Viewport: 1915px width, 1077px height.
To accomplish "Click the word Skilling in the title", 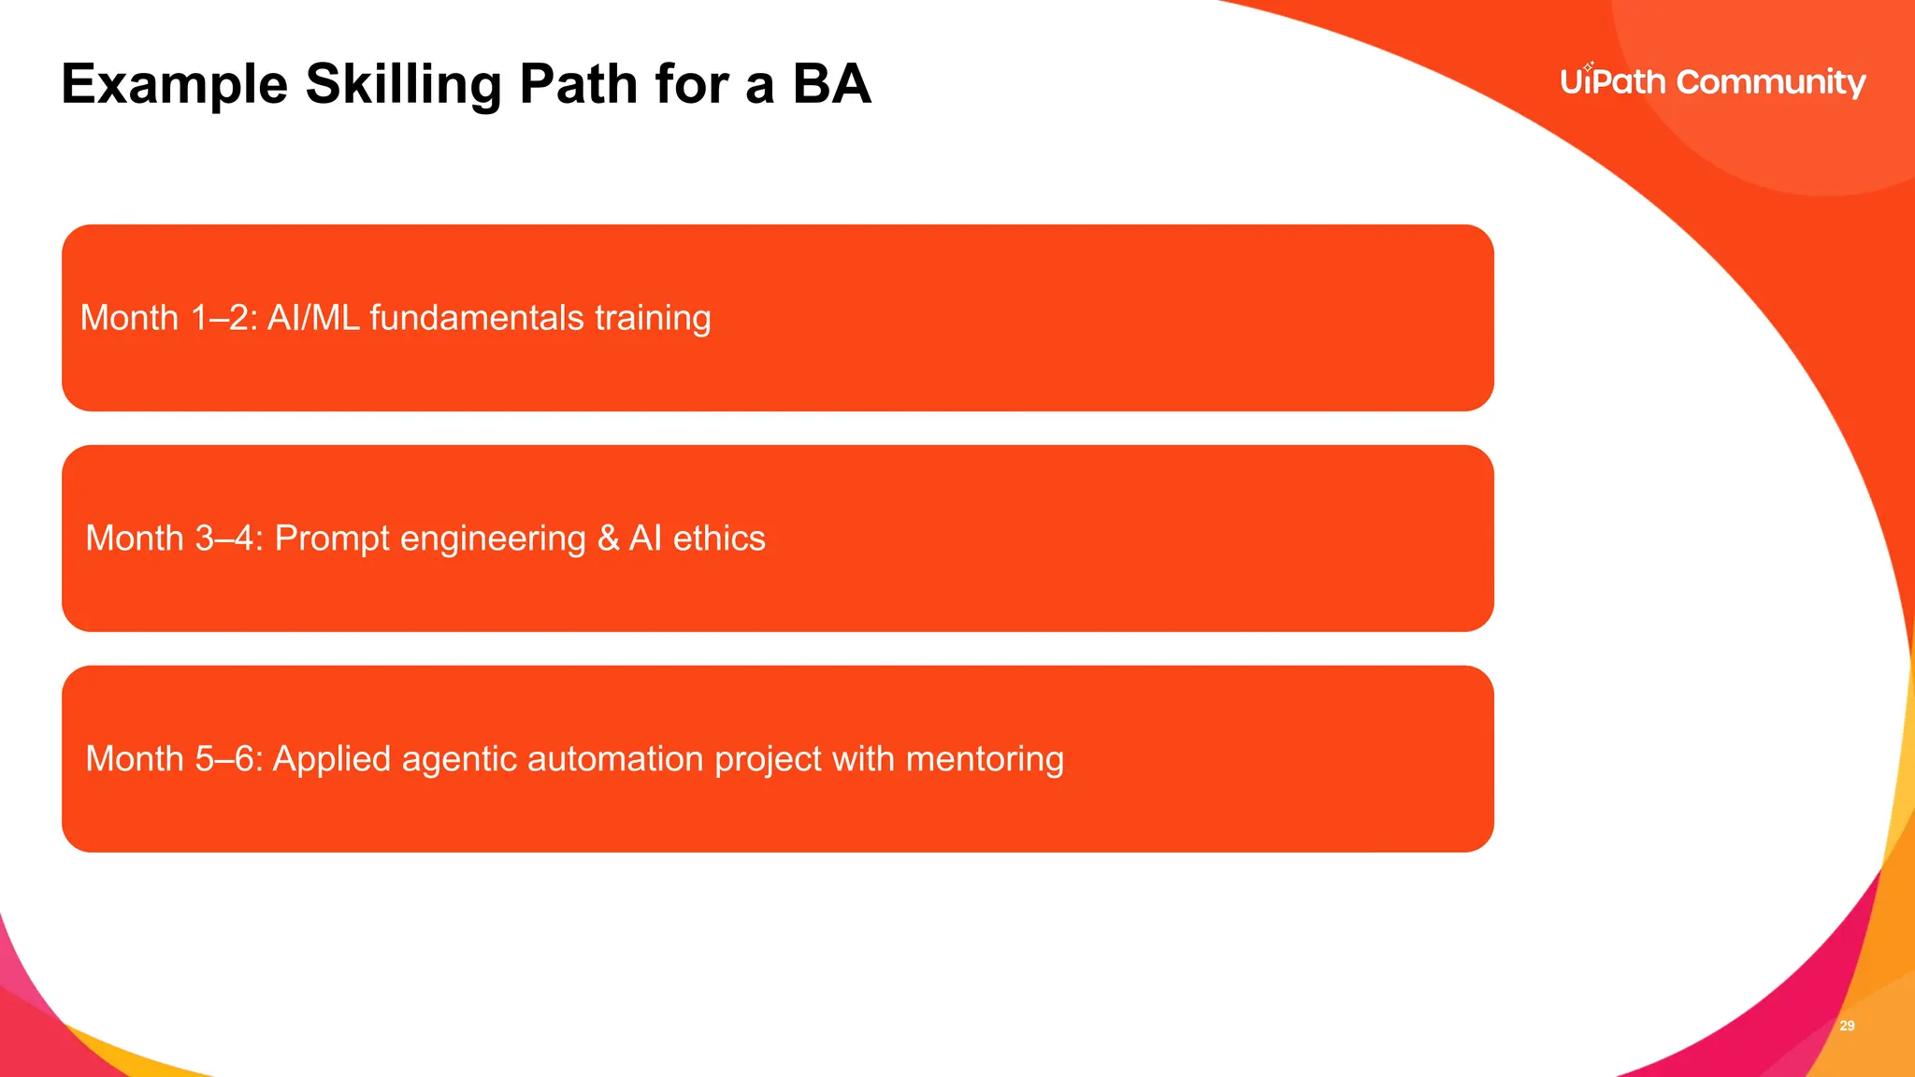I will coord(403,85).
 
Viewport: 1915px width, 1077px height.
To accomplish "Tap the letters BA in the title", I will coord(831,84).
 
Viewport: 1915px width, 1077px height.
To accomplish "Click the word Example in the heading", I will coord(175,85).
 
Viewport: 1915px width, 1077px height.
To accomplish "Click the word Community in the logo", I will coord(1771,83).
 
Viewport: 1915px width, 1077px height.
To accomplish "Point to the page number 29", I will coord(1847,1026).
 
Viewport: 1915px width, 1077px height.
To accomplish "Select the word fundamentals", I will coord(477,318).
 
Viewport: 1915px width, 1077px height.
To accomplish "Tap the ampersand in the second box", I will coord(608,538).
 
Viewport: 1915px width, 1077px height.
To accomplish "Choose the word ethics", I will coord(719,538).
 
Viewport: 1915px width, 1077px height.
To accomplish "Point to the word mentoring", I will coord(985,760).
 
